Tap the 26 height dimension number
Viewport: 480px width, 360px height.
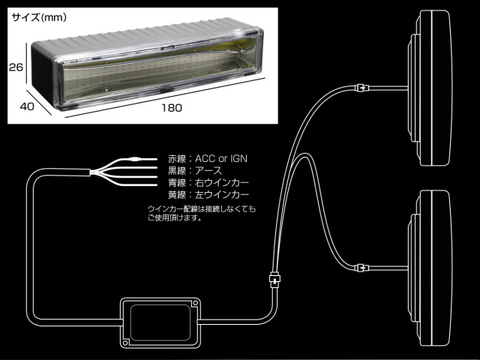16,66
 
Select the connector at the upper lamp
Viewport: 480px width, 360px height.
361,88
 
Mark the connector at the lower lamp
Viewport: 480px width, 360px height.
361,265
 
